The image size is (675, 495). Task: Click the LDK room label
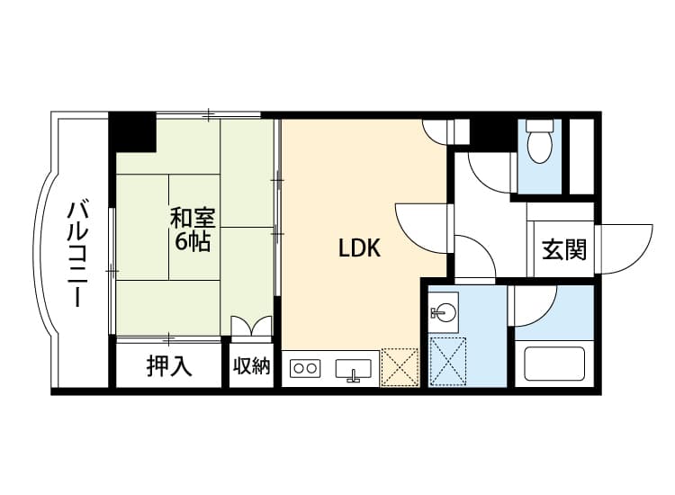[359, 249]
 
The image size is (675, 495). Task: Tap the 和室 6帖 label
[191, 229]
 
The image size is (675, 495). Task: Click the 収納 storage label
[252, 366]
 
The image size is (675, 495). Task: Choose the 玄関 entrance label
[564, 249]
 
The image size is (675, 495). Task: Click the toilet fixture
[539, 144]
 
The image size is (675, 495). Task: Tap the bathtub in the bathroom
[554, 364]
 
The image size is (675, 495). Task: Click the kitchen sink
[355, 369]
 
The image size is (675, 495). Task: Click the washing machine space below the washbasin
[446, 361]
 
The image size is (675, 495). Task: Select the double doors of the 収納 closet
[251, 326]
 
